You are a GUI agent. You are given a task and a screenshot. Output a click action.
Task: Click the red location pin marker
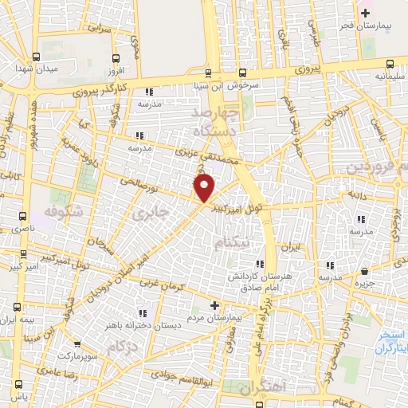tap(205, 188)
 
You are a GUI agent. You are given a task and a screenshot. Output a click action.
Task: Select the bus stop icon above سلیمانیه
tap(390, 65)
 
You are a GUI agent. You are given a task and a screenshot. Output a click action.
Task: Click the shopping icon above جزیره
tap(364, 271)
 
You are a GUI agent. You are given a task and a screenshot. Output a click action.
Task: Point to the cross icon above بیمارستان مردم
tap(214, 304)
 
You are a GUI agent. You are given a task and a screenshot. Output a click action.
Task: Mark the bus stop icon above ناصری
tap(22, 215)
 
